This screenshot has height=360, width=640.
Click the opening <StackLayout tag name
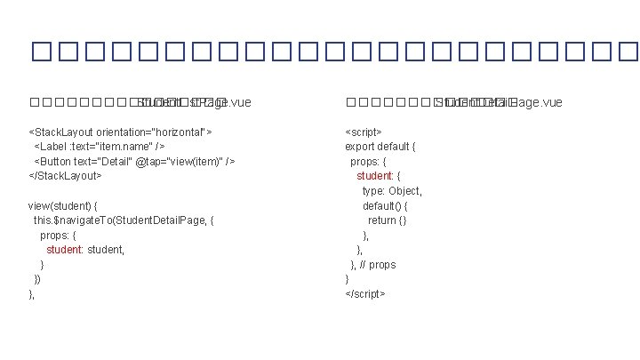pyautogui.click(x=61, y=132)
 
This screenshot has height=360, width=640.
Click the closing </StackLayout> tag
pyautogui.click(x=66, y=176)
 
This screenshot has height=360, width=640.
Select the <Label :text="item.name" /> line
pyautogui.click(x=98, y=146)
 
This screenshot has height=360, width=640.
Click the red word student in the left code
pyautogui.click(x=65, y=250)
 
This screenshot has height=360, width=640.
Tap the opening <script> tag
pyautogui.click(x=364, y=132)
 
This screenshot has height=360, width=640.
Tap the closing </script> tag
pyautogui.click(x=365, y=294)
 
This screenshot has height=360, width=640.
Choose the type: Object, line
pyautogui.click(x=392, y=190)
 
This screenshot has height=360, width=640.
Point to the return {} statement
pyautogui.click(x=388, y=220)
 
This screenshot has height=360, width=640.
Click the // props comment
pyautogui.click(x=379, y=265)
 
